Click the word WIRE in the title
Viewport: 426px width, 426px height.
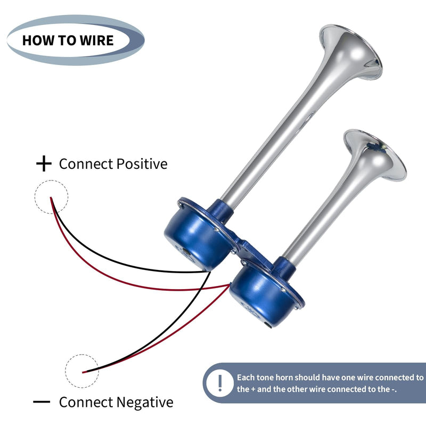[x=97, y=40]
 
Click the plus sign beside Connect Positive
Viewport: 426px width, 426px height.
[x=44, y=163]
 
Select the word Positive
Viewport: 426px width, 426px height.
[x=142, y=164]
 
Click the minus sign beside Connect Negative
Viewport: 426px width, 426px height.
[x=42, y=402]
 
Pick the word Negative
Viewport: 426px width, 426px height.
[x=145, y=402]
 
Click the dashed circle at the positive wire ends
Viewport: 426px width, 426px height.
[x=51, y=196]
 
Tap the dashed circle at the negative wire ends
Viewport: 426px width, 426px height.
[x=82, y=371]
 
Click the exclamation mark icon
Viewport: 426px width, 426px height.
[x=220, y=383]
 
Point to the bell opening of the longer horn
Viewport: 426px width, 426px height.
[x=351, y=52]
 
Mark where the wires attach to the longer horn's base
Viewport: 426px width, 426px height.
[x=210, y=272]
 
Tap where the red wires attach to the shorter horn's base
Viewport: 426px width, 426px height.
[x=230, y=285]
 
